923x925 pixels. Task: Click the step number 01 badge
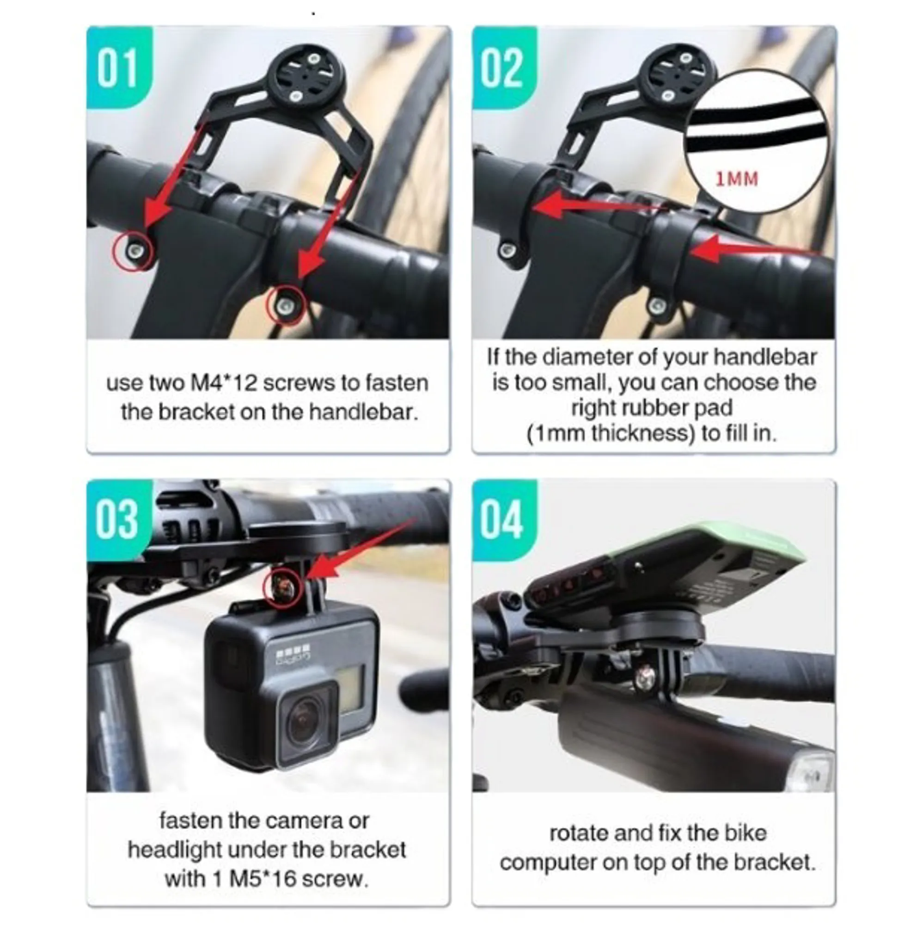click(119, 67)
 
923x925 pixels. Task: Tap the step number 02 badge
click(503, 67)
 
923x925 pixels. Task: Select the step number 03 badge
click(119, 520)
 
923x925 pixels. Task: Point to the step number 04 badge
click(503, 520)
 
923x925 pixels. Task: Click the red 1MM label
click(736, 179)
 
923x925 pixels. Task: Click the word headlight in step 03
click(175, 850)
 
